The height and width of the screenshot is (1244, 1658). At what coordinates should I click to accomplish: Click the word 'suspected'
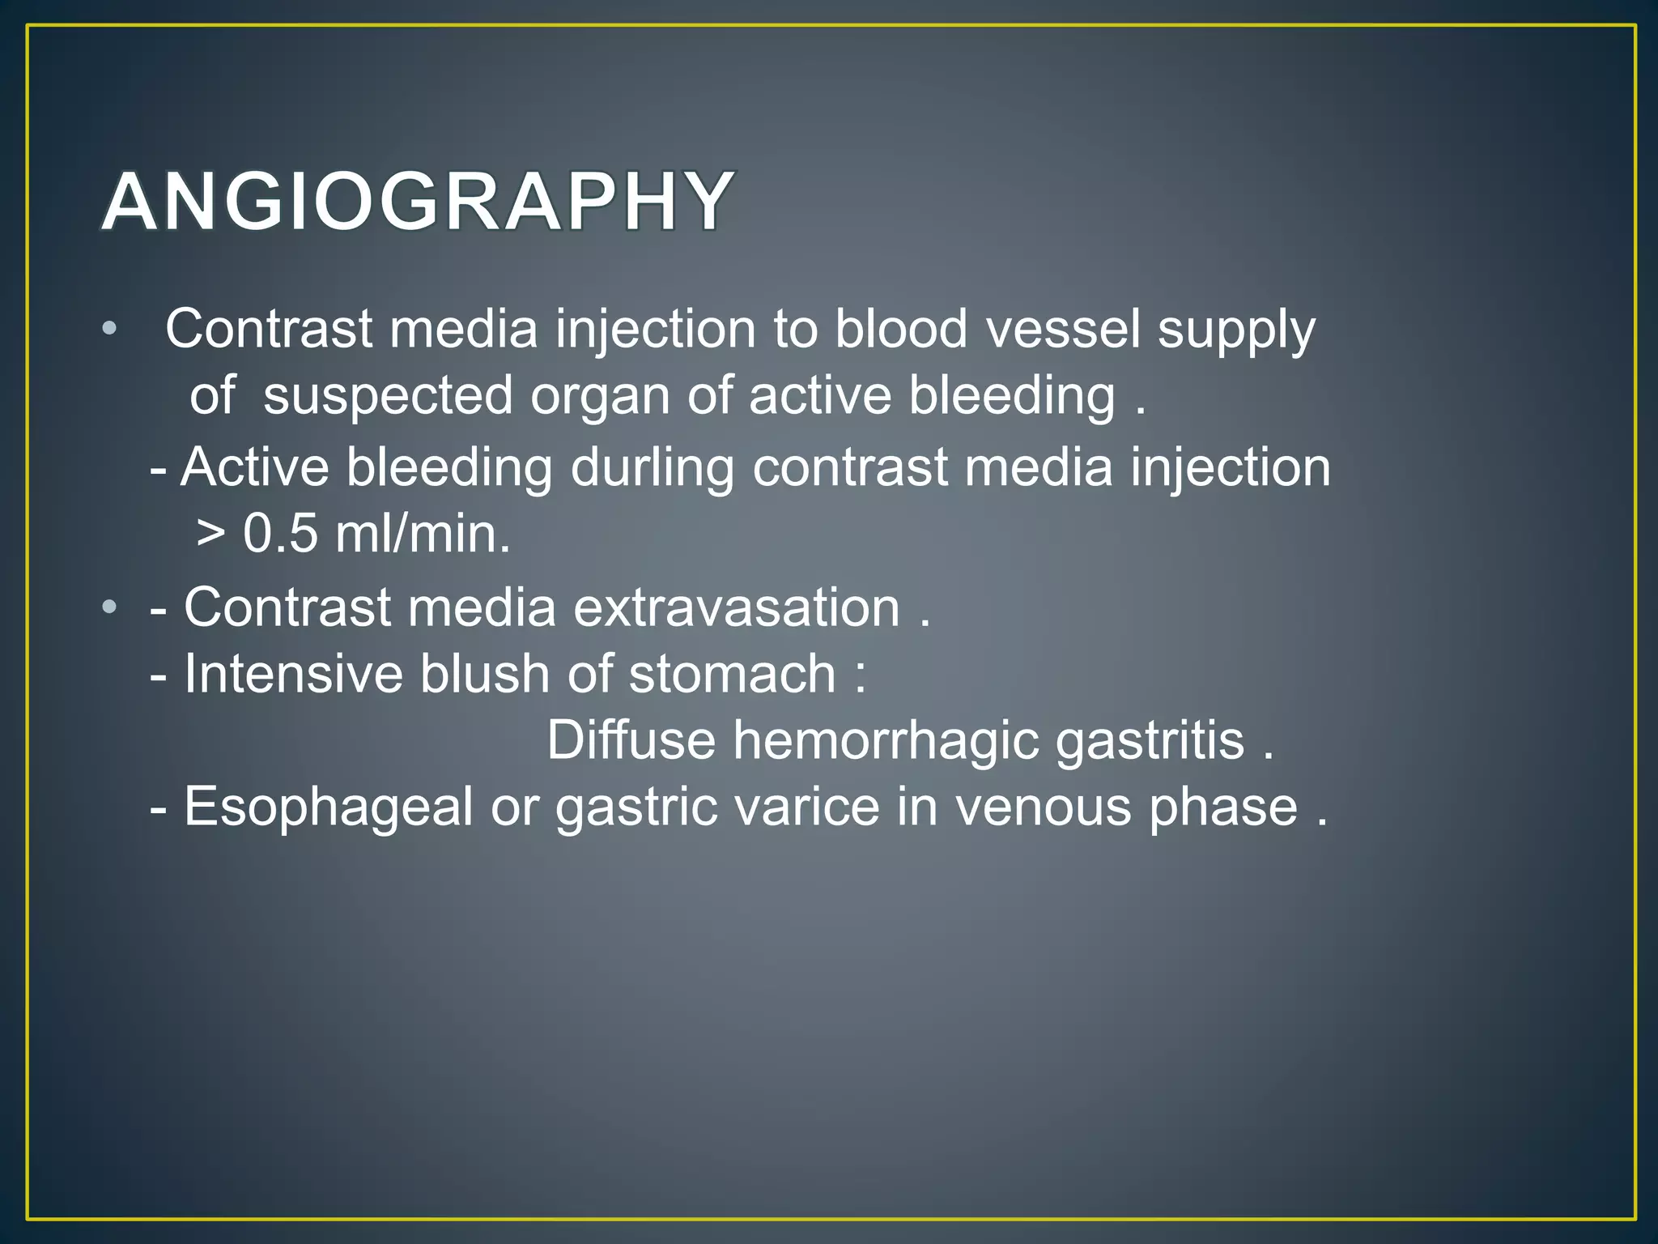point(388,397)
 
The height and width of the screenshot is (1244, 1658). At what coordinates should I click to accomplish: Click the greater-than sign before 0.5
point(210,535)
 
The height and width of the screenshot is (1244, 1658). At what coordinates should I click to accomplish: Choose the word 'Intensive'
point(293,674)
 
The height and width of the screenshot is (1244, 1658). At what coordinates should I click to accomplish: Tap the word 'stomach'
point(732,674)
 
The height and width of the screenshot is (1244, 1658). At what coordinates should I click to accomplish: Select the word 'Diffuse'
point(631,740)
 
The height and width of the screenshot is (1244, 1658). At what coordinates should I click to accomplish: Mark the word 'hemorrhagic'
point(886,742)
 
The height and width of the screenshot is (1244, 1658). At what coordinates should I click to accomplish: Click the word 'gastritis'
point(1150,742)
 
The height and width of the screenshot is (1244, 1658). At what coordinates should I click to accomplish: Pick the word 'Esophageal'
point(328,808)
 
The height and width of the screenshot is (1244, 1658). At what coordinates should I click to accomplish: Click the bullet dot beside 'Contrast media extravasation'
point(110,607)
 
